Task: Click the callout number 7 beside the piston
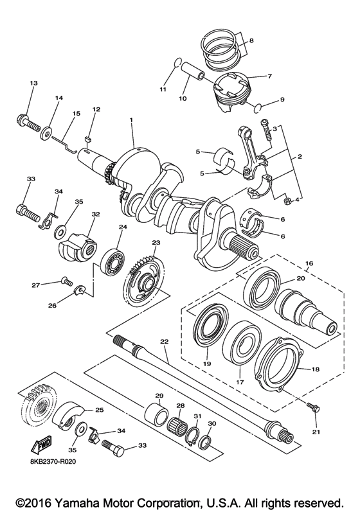click(x=269, y=76)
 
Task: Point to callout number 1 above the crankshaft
click(x=130, y=120)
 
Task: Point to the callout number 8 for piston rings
click(x=251, y=41)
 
